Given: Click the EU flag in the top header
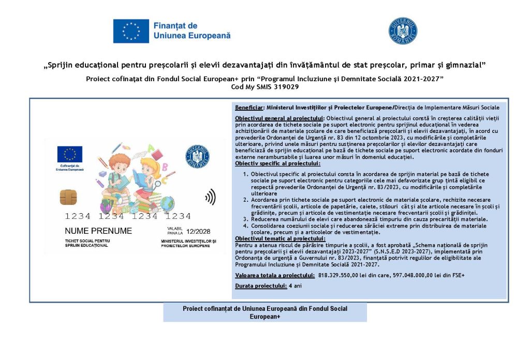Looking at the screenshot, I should pyautogui.click(x=131, y=31).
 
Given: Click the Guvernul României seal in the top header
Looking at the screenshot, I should pyautogui.click(x=403, y=31).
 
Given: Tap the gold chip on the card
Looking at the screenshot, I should pyautogui.click(x=68, y=197).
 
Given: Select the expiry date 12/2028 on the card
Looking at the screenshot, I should pyautogui.click(x=198, y=231).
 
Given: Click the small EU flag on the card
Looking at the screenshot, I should pyautogui.click(x=70, y=154).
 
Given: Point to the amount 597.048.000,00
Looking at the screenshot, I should pyautogui.click(x=417, y=275).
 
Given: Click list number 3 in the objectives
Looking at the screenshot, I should pyautogui.click(x=246, y=219).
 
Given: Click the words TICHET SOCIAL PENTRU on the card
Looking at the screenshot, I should pyautogui.click(x=87, y=241).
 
